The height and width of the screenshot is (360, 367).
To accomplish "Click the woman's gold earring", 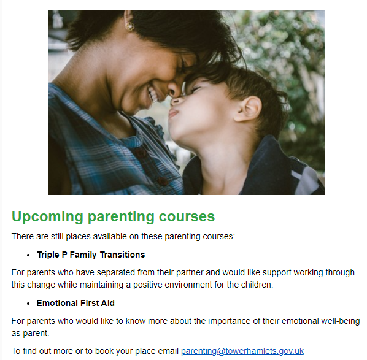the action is coord(129,26).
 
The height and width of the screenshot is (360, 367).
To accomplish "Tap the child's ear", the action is coord(249,109).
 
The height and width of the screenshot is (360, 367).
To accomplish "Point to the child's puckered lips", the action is coord(174,113).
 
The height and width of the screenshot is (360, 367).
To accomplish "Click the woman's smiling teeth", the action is coord(153,94).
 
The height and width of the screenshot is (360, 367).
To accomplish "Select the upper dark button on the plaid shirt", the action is coord(141,153).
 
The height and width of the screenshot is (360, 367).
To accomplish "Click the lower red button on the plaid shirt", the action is coord(162,182).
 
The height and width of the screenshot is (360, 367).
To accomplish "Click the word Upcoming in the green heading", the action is coord(47,217).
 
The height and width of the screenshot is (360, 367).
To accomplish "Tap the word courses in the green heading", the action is coord(187,216).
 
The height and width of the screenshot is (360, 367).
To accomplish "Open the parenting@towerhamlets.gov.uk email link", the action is coord(242,351).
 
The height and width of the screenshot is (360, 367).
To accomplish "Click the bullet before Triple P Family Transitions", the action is coord(28,255).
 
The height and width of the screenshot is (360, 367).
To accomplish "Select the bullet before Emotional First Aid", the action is coord(28,304).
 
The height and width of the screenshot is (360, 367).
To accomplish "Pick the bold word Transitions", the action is coord(122,255).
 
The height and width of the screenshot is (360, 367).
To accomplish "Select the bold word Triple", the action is coord(48,255).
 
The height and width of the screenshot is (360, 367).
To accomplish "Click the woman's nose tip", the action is coord(172,91).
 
